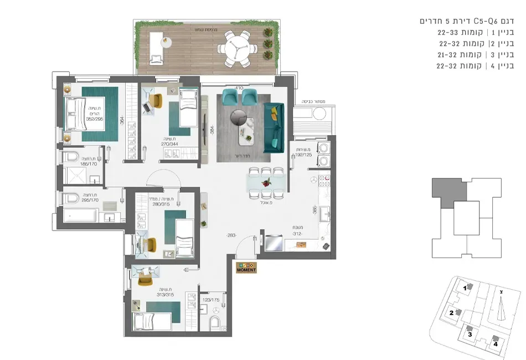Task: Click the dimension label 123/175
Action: pos(210,300)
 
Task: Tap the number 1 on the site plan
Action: pos(466,288)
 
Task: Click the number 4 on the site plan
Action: pos(496,343)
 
